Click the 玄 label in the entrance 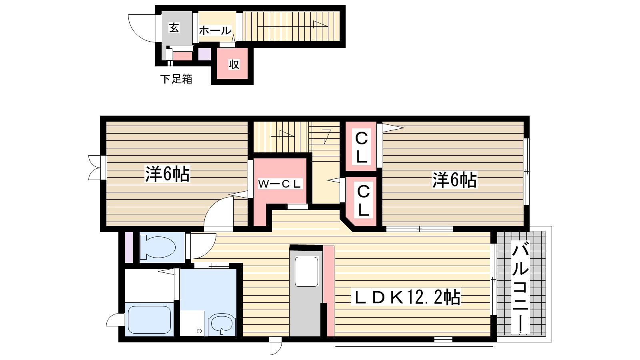[x=174, y=28]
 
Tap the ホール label [x=215, y=30]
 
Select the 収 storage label [x=234, y=64]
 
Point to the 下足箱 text [x=176, y=79]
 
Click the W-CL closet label [x=280, y=184]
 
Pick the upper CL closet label [x=362, y=147]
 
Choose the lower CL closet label [x=363, y=200]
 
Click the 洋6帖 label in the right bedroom [x=454, y=180]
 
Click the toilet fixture [x=158, y=247]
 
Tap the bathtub [x=150, y=320]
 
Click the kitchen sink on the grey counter [x=306, y=272]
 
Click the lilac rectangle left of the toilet [x=129, y=248]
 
